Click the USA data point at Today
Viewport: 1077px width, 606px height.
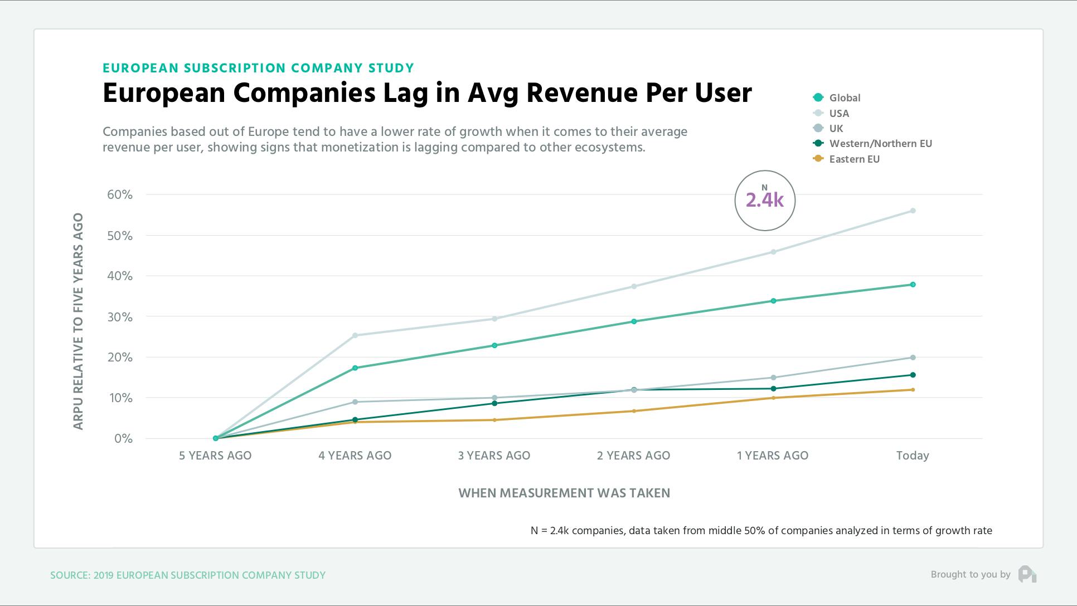913,211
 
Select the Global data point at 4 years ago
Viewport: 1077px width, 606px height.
355,368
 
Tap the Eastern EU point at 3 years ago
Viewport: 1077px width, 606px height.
494,420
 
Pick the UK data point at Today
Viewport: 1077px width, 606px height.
913,358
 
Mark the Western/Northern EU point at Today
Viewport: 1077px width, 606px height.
913,375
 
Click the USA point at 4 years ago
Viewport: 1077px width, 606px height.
355,335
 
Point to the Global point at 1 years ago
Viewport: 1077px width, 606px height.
773,301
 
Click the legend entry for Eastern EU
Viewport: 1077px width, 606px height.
854,159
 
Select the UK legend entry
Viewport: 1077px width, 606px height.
836,128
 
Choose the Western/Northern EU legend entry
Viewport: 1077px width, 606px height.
880,143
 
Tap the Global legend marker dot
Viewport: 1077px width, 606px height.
818,97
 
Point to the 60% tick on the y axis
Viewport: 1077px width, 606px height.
120,194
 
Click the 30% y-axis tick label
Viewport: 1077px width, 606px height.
120,317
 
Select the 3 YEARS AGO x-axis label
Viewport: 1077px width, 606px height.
494,456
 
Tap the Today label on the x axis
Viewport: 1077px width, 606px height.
913,456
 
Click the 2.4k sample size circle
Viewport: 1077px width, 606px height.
765,201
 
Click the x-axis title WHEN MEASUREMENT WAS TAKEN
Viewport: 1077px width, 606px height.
564,493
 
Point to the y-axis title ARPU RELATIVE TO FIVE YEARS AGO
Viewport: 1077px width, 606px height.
79,321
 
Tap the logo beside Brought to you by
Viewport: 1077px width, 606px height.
1027,574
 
